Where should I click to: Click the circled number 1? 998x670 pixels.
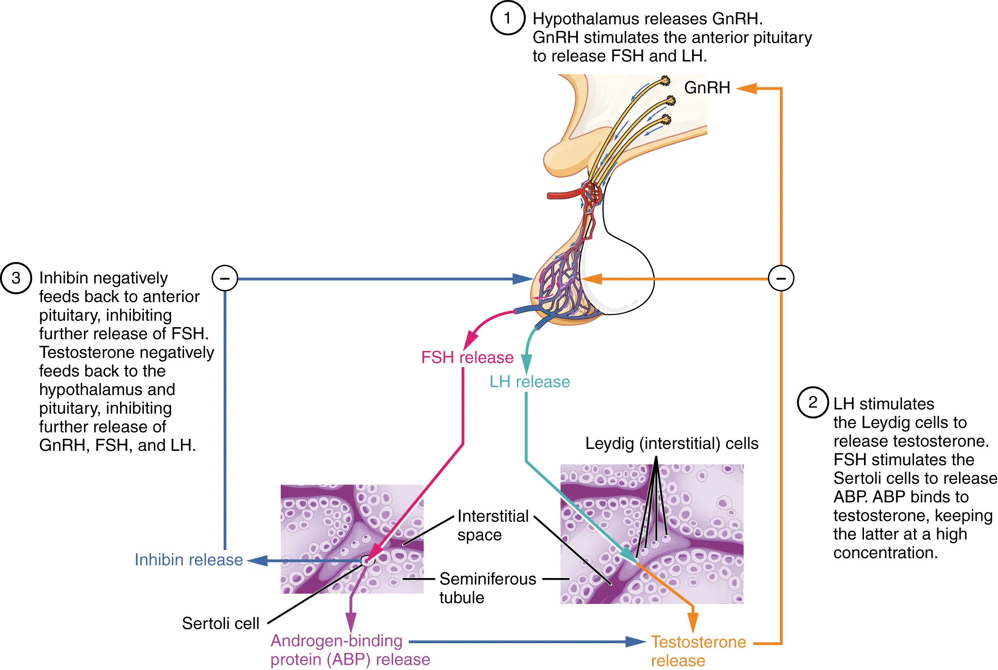pos(507,18)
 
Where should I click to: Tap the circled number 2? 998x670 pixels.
pos(813,402)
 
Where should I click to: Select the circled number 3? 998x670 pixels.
pos(16,278)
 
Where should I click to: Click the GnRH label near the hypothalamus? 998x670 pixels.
pos(707,87)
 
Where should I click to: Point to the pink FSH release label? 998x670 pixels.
pos(467,358)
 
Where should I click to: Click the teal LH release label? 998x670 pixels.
pos(529,382)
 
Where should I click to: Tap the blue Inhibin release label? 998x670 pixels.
pos(189,560)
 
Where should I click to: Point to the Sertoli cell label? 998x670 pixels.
pos(220,623)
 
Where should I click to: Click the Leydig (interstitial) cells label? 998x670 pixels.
pos(671,443)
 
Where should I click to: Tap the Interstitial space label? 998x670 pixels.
pos(492,525)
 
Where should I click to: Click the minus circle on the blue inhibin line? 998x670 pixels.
pos(225,279)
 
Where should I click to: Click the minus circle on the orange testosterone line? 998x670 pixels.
pos(781,279)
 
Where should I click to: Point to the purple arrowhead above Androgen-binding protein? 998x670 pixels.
pos(351,622)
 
